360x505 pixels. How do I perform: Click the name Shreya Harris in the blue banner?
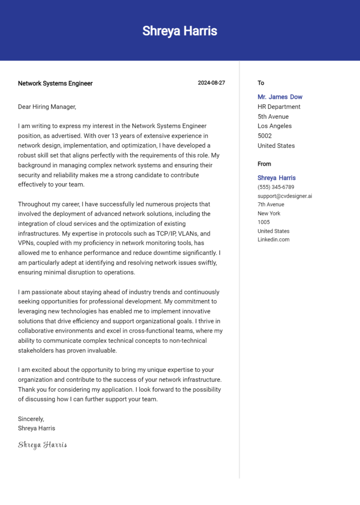[x=180, y=31]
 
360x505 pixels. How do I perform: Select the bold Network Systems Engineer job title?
[x=55, y=83]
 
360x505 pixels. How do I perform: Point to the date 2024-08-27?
[x=211, y=83]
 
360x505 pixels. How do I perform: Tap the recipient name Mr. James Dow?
[x=280, y=97]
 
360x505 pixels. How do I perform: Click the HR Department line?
[x=279, y=107]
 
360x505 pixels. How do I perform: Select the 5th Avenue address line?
[x=273, y=117]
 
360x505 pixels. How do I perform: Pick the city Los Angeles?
[x=274, y=126]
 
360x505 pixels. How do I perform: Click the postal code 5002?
[x=265, y=136]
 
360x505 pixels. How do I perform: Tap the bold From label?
[x=264, y=164]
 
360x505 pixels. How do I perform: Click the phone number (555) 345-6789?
[x=276, y=187]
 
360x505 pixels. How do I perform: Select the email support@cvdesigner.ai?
[x=285, y=196]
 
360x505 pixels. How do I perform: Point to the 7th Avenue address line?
[x=270, y=205]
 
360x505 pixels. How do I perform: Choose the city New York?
[x=269, y=214]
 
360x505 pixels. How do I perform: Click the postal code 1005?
[x=263, y=222]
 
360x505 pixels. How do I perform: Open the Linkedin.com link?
[x=273, y=239]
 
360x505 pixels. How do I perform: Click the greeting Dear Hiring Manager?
[x=47, y=107]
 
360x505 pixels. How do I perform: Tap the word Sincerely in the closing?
[x=31, y=419]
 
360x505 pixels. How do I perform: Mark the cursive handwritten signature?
[x=42, y=445]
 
